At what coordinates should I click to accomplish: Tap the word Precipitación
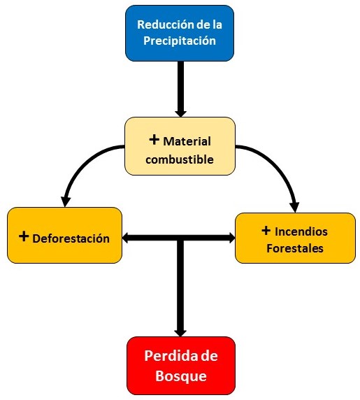(180, 41)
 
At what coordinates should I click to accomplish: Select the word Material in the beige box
(187, 141)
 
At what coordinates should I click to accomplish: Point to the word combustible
(180, 159)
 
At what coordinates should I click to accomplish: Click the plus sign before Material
(154, 140)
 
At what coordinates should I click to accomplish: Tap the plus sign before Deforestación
(24, 236)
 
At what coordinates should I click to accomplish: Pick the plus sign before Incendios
(266, 230)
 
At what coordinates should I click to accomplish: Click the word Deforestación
(71, 238)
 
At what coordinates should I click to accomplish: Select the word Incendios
(301, 231)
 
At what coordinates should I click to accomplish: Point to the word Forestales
(295, 248)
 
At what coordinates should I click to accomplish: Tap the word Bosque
(181, 376)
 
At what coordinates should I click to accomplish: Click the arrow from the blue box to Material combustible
(180, 90)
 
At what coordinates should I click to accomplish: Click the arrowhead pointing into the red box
(180, 332)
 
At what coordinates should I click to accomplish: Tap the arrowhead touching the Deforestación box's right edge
(127, 238)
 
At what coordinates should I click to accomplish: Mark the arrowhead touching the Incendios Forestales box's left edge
(231, 238)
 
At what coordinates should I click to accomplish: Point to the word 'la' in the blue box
(217, 25)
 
